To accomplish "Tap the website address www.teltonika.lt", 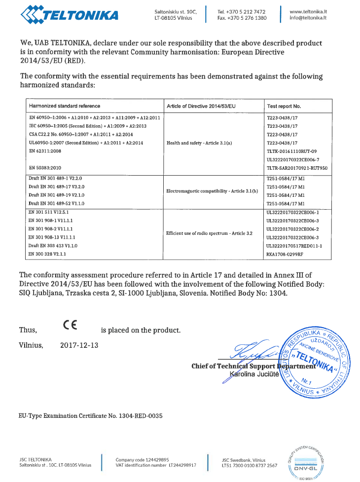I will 309,11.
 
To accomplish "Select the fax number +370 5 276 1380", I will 242,18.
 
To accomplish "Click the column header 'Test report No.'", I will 284,106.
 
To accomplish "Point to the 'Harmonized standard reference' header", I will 65,106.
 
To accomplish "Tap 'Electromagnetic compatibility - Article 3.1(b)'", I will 213,190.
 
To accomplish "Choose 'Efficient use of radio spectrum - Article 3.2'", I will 210,232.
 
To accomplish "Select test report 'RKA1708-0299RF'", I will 285,253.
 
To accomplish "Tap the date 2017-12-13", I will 79,345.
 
